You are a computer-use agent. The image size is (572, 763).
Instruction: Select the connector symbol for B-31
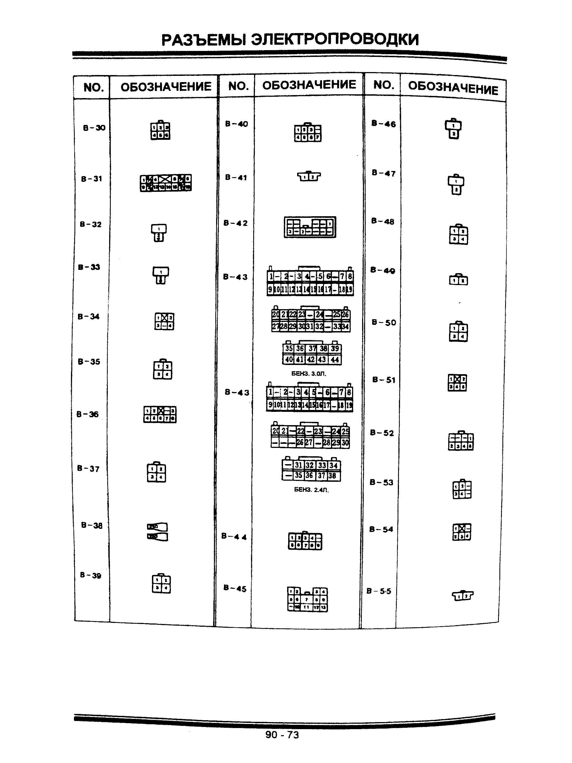165,183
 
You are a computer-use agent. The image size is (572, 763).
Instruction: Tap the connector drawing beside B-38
157,532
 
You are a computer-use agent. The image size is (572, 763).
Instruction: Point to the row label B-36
87,414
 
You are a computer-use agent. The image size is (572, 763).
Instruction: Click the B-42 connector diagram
310,227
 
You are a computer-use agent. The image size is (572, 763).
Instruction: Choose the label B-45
235,589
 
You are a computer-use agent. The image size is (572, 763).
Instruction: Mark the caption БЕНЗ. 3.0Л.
308,374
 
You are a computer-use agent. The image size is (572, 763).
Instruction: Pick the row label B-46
383,124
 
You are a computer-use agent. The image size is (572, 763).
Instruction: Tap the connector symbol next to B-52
461,441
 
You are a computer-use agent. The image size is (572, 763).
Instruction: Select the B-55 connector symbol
462,595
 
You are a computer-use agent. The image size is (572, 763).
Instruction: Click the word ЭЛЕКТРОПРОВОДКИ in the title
334,40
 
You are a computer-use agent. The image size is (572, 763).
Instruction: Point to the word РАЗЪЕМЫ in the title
204,40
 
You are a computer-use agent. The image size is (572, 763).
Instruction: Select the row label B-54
381,529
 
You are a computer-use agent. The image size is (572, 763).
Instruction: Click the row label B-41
236,178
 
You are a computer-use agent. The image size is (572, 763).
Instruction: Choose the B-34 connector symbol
164,321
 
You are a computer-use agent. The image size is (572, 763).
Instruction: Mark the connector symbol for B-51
457,383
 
